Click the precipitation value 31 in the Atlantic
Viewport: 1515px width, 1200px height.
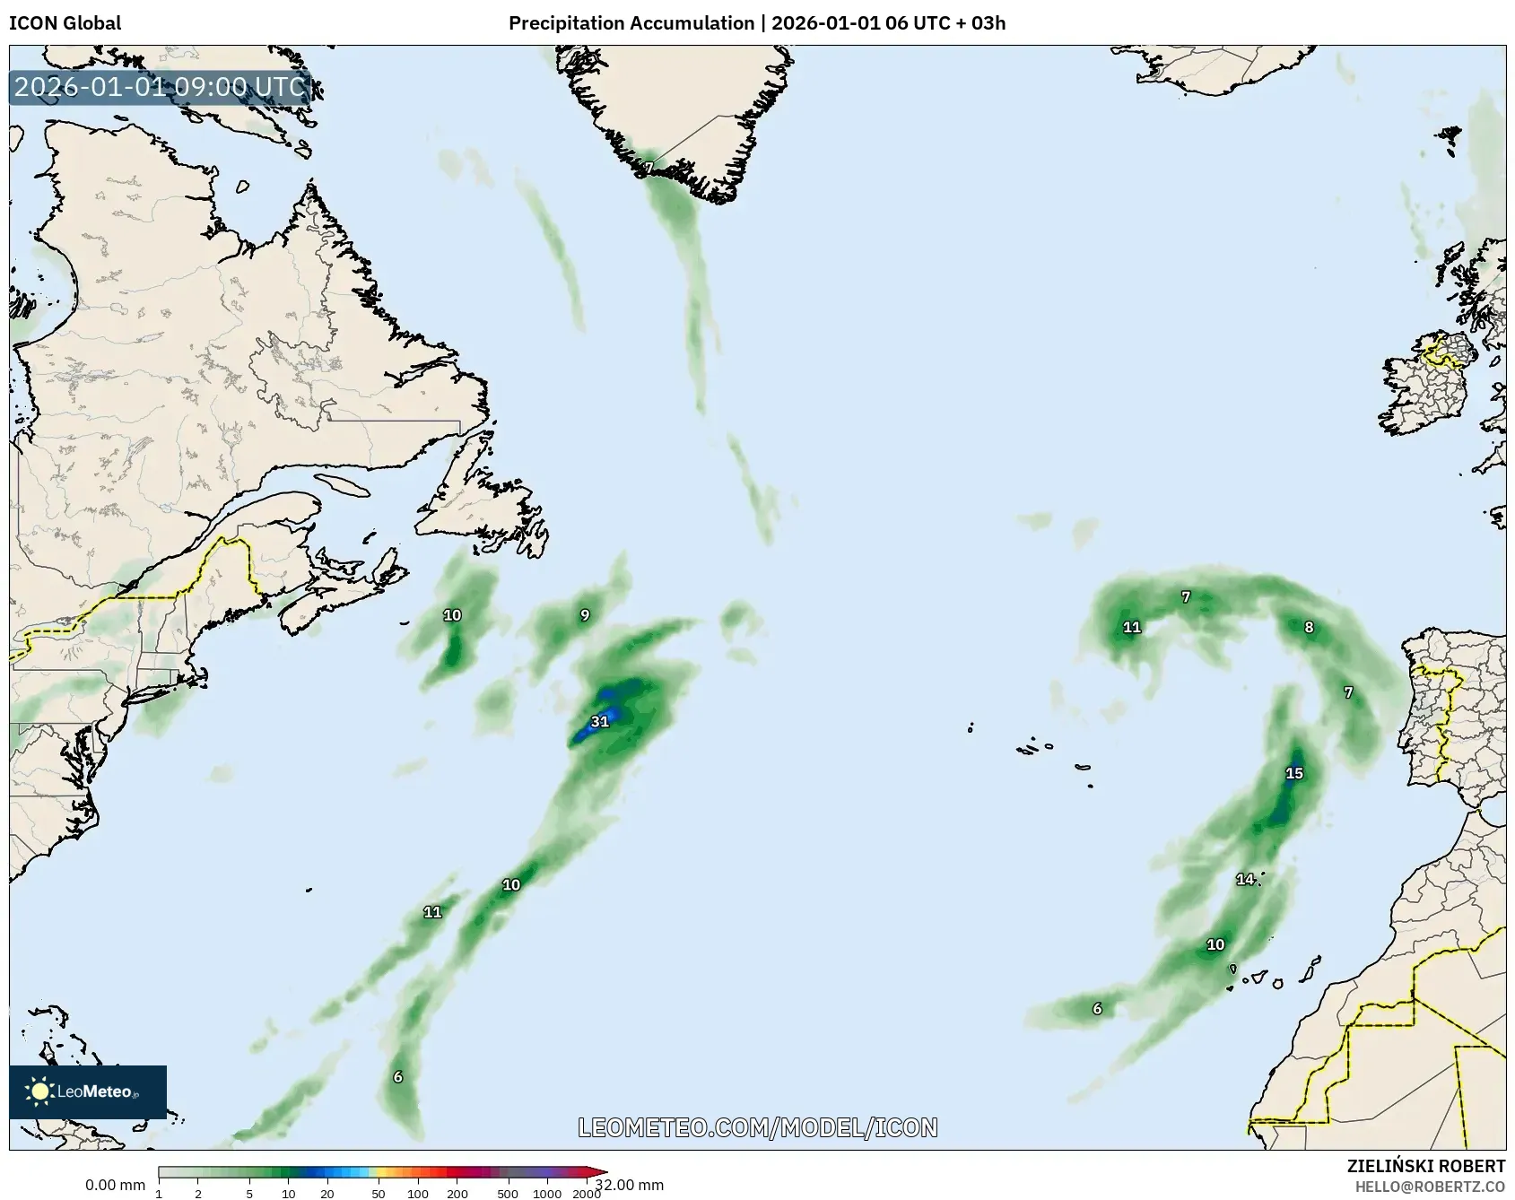[x=600, y=722]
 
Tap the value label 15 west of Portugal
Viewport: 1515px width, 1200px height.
[x=1293, y=773]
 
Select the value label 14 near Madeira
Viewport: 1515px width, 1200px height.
[x=1245, y=879]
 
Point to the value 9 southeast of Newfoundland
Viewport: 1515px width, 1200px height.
[x=585, y=615]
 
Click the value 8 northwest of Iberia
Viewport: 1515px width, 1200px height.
[x=1309, y=628]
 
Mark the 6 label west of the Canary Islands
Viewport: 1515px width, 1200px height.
[x=1097, y=1009]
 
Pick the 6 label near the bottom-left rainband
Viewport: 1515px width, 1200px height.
[x=398, y=1077]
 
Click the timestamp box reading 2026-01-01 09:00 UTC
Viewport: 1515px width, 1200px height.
[x=161, y=87]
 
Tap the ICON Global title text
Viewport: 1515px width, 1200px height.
[x=65, y=23]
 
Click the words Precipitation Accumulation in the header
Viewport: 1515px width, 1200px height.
[x=631, y=23]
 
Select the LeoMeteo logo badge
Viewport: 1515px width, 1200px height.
[x=88, y=1091]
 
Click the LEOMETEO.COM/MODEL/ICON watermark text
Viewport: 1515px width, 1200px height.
[x=758, y=1127]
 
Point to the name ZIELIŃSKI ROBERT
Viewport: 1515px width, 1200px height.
[x=1425, y=1166]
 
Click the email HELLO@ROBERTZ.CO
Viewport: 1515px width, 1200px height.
[x=1430, y=1186]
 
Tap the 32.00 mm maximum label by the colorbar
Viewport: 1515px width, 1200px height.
[x=630, y=1185]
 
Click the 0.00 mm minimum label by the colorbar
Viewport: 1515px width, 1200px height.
[x=115, y=1186]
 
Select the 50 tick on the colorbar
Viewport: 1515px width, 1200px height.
[x=379, y=1194]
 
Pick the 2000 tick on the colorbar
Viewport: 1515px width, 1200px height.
[x=587, y=1194]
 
